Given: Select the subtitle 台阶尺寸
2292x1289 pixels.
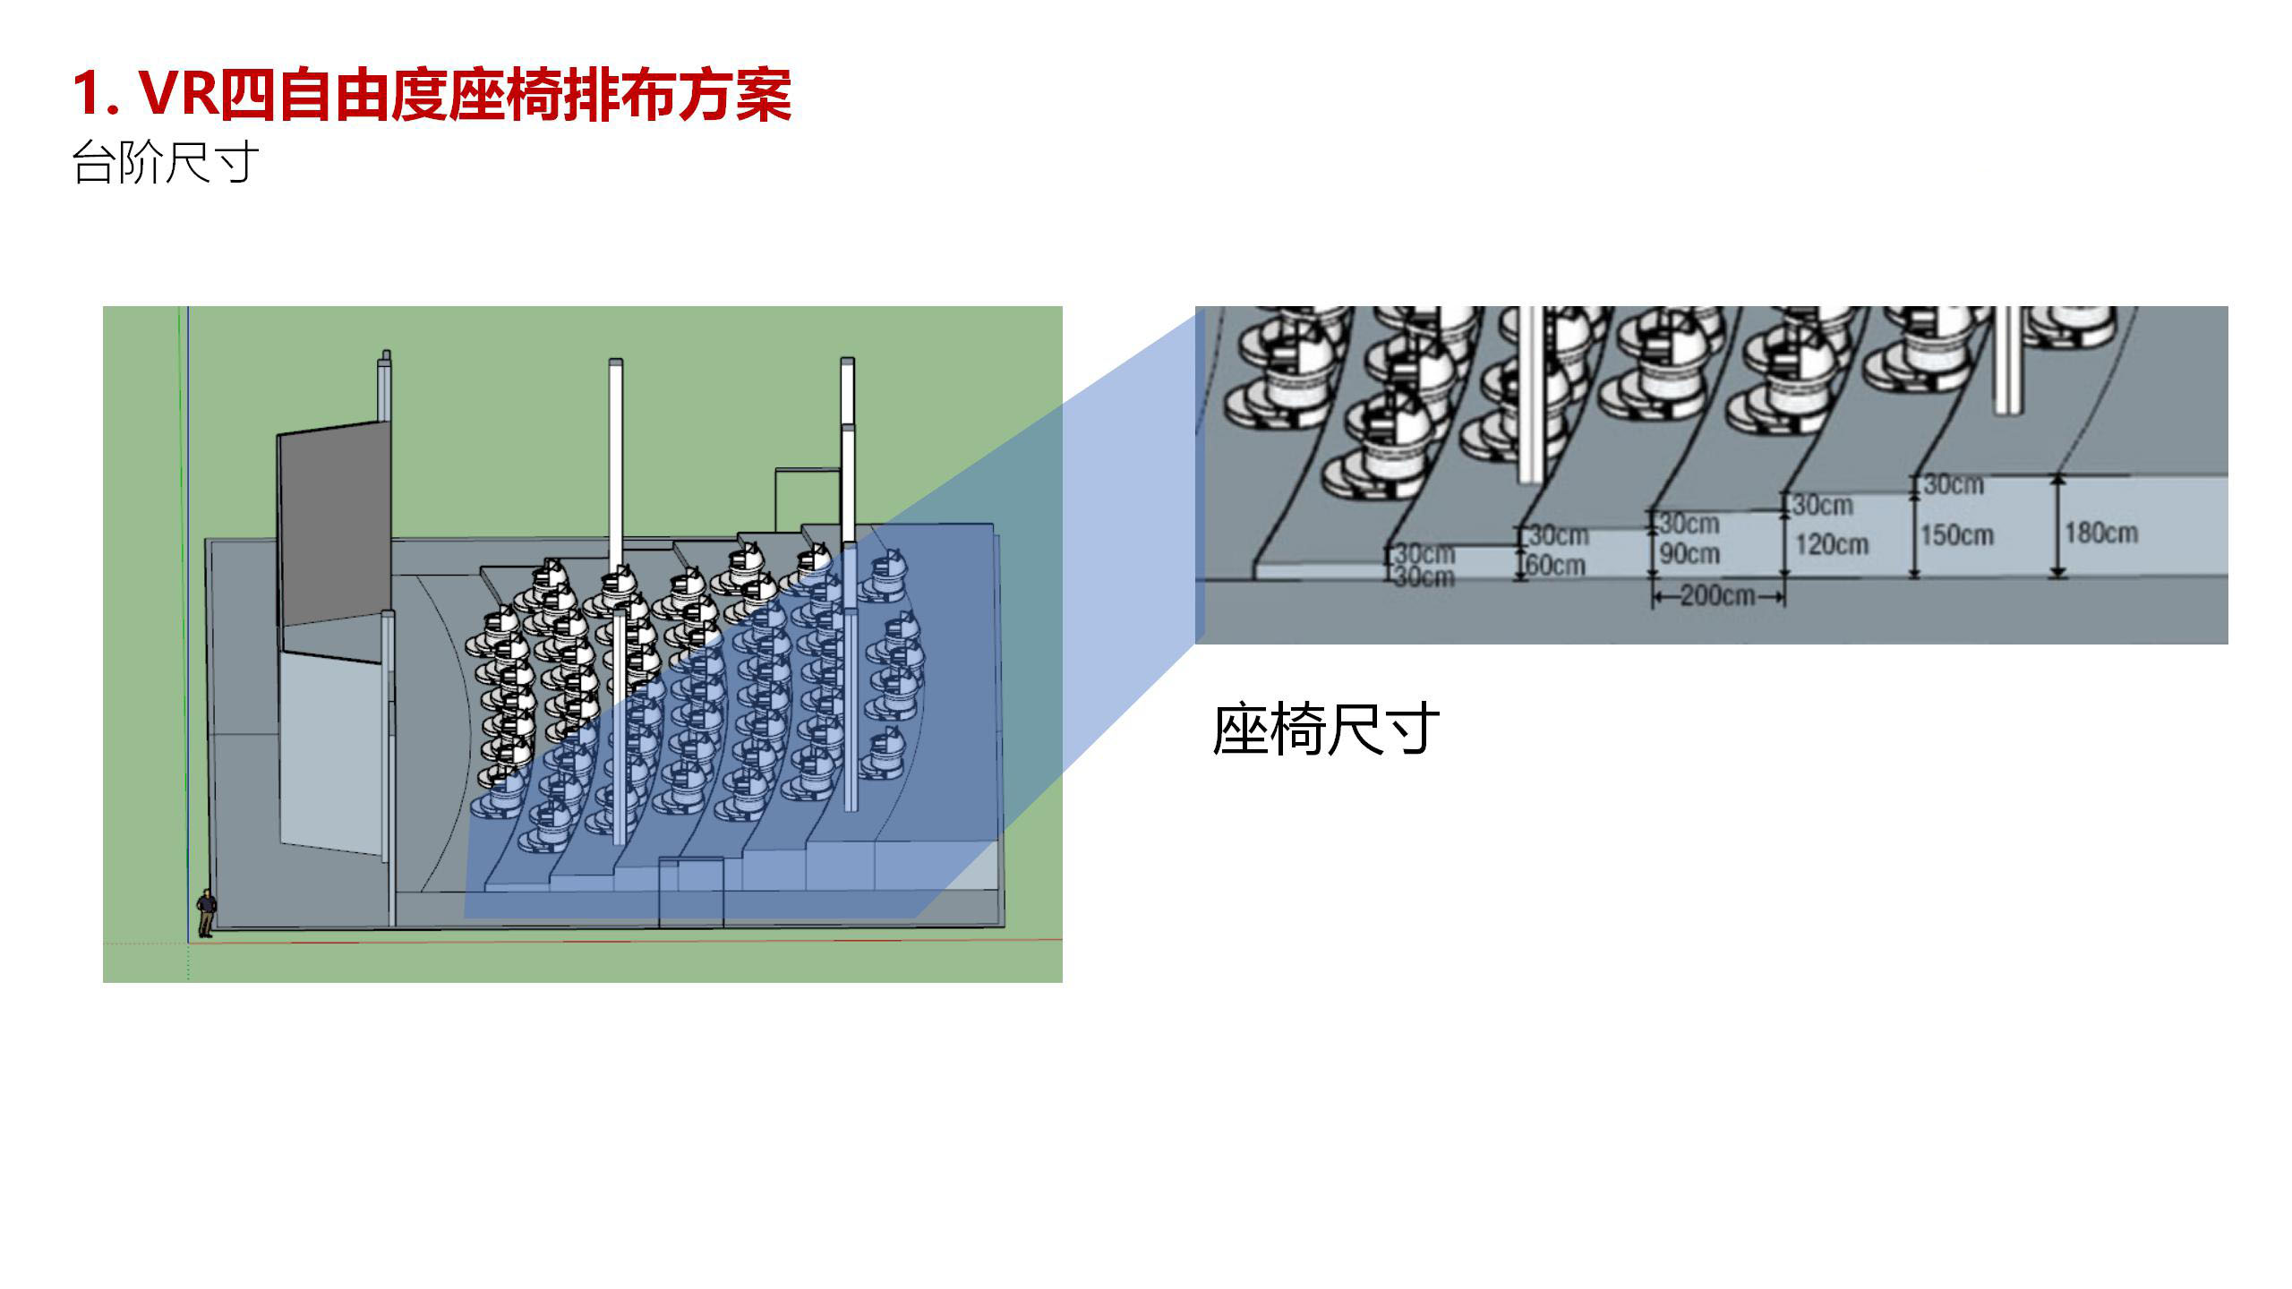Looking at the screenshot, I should click(165, 163).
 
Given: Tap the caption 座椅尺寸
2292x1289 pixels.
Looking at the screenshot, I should click(1325, 730).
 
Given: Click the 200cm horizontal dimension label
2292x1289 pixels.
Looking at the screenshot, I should click(1717, 595).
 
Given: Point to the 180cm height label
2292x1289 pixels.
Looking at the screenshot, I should click(2100, 534).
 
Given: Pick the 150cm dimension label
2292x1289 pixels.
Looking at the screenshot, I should click(1957, 535).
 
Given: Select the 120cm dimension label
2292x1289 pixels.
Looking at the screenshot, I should click(1832, 544).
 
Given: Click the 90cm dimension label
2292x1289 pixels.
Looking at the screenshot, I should click(1689, 554).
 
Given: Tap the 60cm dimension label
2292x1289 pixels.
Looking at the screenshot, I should click(1556, 566).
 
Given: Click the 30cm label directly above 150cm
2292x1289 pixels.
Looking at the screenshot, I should click(1954, 485).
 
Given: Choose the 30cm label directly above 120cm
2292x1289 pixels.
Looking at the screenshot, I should click(1823, 506).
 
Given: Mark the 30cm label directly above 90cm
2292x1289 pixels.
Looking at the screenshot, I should click(1689, 524).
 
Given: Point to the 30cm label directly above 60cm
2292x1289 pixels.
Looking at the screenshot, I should click(1559, 536).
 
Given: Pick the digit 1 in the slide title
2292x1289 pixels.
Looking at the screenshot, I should click(88, 93).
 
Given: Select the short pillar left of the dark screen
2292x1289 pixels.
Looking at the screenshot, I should click(386, 385).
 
